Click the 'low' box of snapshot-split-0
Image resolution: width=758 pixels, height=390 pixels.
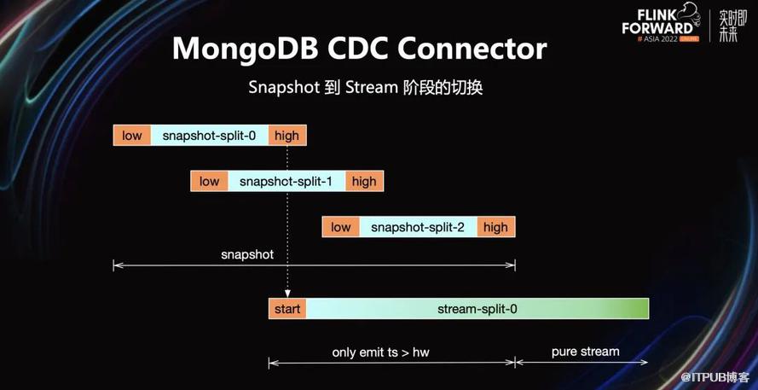(132, 136)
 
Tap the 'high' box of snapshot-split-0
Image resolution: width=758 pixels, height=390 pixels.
(287, 136)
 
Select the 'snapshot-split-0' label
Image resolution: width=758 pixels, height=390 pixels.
(209, 136)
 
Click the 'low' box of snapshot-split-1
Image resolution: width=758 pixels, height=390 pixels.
(209, 182)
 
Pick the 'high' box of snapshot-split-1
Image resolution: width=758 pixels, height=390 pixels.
(364, 182)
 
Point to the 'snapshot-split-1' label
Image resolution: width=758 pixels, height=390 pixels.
(286, 182)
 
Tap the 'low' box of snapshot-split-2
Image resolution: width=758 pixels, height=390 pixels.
(341, 227)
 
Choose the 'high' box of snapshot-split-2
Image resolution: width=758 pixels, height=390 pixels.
(496, 227)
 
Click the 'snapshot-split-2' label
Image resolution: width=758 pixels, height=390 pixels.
(418, 227)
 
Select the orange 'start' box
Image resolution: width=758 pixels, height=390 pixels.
(287, 309)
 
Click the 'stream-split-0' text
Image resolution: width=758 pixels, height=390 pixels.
(477, 309)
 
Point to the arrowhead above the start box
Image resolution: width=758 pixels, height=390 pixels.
(287, 294)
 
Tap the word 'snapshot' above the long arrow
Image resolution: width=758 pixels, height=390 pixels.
(247, 254)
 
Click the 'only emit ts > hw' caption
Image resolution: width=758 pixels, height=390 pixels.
(380, 352)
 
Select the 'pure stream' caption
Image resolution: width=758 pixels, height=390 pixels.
(586, 352)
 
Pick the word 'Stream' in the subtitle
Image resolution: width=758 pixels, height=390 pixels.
(371, 88)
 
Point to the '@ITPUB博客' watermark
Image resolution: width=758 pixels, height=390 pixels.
(716, 376)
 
